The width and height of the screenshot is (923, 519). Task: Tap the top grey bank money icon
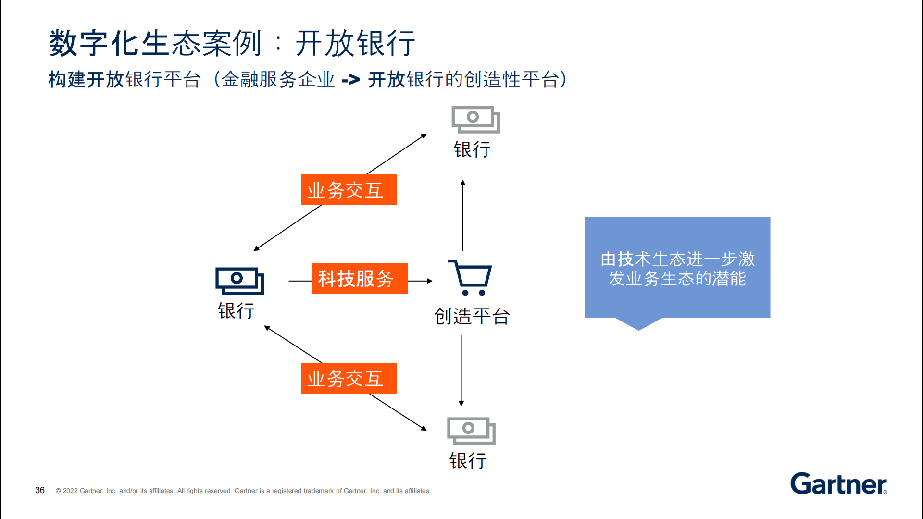475,120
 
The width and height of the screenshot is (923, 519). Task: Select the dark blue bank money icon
239,281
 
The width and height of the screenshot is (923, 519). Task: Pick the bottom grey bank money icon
471,431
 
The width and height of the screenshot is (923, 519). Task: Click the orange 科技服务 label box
359,278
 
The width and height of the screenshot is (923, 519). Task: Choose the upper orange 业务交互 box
349,190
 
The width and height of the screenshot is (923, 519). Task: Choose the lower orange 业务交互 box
349,378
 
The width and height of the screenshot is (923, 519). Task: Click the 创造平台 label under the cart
472,316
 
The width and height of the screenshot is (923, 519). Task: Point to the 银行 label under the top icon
472,149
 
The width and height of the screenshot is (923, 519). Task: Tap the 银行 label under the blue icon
236,311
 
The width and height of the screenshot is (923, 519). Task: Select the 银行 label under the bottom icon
468,461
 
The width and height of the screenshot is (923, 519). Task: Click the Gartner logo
839,484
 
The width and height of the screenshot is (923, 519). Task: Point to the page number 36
40,490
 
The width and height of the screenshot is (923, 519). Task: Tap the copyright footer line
243,491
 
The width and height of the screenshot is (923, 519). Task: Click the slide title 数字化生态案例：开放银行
232,43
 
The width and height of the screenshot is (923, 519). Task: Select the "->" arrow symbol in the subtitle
350,80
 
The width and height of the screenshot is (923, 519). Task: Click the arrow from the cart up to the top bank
463,215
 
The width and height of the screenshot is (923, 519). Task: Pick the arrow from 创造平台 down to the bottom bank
461,371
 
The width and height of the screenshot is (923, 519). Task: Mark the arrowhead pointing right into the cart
430,281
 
